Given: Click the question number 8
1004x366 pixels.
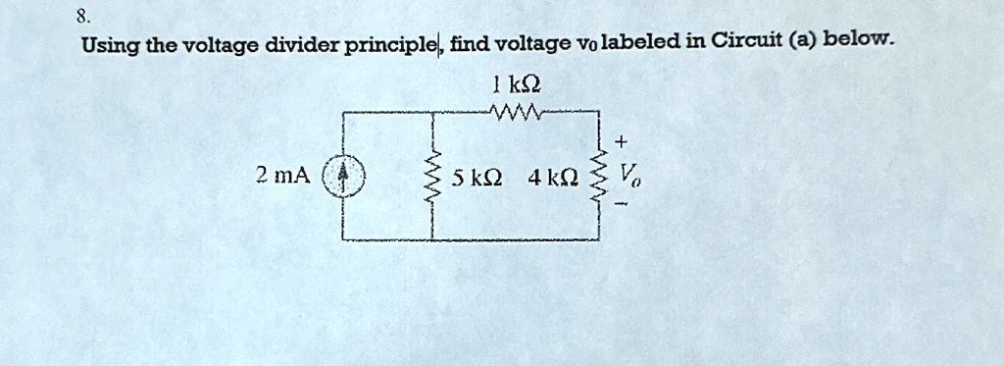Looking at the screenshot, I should pos(86,16).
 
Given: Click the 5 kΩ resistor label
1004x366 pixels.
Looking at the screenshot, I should pos(477,178).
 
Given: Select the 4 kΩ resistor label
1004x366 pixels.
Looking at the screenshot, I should pos(551,178).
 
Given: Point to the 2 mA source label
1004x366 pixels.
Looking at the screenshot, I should pos(282,177).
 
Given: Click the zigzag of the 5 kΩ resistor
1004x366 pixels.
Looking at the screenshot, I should pos(433,177).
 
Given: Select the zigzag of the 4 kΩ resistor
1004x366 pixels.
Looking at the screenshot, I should pos(599,177).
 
